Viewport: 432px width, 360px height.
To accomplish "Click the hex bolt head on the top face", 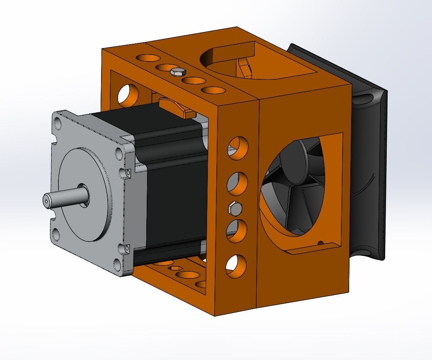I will coord(178,72).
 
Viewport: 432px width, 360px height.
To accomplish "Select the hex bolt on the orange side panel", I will coord(235,209).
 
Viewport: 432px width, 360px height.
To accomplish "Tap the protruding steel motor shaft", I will coord(62,197).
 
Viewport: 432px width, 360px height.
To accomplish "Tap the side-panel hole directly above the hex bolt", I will coord(237,182).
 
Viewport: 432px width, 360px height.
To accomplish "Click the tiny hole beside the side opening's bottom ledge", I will coord(320,243).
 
